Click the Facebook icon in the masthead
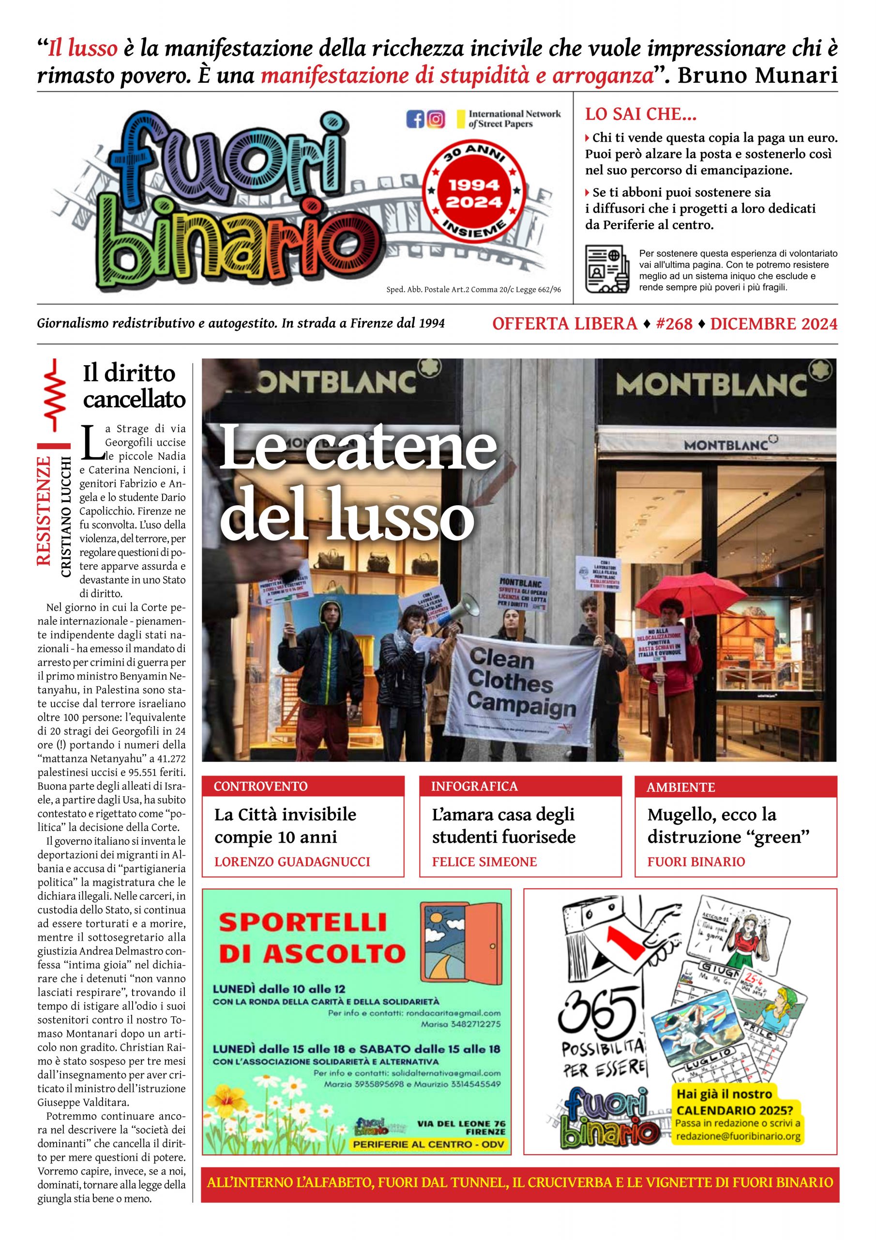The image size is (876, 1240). pos(415,119)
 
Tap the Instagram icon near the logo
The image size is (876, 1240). pos(436,119)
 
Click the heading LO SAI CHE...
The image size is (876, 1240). pos(641,114)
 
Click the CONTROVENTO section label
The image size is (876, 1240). pos(261,786)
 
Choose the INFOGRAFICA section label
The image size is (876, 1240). pos(474,786)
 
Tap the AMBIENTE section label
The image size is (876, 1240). pos(680,788)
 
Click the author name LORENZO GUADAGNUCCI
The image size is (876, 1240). pos(292,862)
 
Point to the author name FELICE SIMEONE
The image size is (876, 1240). pos(484,862)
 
